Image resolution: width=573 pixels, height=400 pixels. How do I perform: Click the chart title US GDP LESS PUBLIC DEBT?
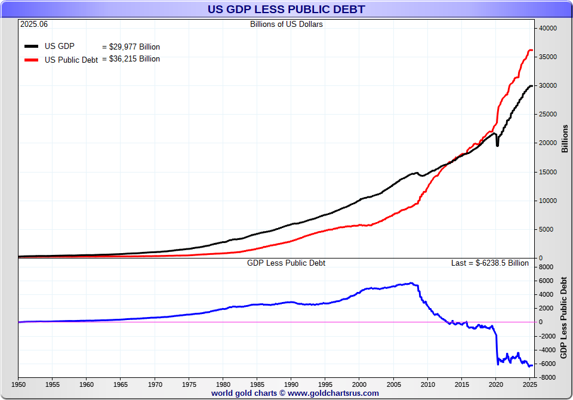[286, 10]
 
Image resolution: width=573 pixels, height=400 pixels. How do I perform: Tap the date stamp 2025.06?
[34, 24]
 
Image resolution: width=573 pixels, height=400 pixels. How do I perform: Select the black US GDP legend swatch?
[32, 46]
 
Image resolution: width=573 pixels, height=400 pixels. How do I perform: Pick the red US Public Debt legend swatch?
[32, 60]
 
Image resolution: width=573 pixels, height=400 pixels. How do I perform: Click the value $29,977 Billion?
[131, 47]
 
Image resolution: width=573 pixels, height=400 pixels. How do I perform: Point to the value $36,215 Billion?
[131, 59]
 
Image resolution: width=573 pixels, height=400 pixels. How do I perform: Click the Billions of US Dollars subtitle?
[286, 24]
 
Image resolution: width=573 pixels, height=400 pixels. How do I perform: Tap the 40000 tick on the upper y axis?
[548, 28]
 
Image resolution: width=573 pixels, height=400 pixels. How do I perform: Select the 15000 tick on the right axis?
[548, 172]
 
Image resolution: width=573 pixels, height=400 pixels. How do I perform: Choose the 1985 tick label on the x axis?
[257, 384]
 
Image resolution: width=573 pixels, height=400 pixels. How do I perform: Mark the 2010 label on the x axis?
[428, 384]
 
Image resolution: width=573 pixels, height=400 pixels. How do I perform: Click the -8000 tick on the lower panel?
[547, 377]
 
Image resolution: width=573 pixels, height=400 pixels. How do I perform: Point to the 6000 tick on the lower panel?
[547, 281]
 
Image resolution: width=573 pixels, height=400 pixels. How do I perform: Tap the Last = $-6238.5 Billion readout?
[489, 263]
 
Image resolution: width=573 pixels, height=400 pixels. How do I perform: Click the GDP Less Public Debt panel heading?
[286, 263]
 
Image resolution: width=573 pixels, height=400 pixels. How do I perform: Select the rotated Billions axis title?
[565, 139]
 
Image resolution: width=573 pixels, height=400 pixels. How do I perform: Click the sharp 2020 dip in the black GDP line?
[498, 145]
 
